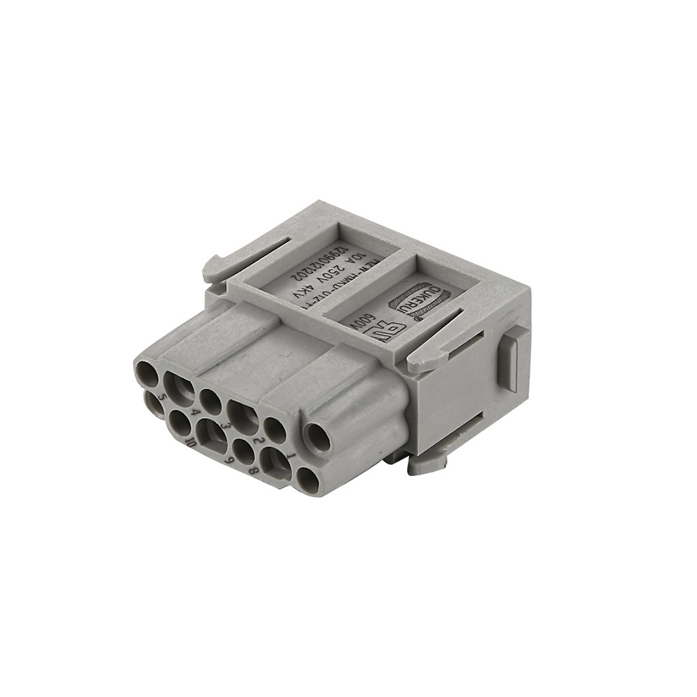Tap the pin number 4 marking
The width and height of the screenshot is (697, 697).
[x=194, y=413]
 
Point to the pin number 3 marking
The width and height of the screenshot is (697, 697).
[x=225, y=425]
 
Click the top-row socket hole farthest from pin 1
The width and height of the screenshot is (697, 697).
[x=147, y=374]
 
